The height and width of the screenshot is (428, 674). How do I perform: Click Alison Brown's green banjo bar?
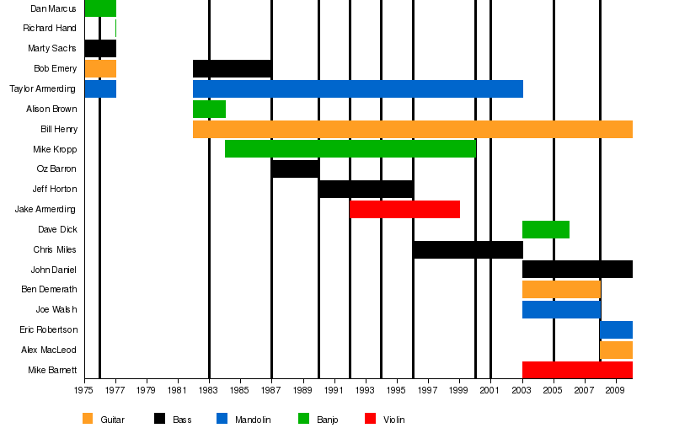pos(209,109)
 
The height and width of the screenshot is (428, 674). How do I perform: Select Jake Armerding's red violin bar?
pos(404,209)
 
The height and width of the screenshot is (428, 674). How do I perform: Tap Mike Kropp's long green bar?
pos(350,149)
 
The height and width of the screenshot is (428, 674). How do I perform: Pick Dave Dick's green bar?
pos(545,229)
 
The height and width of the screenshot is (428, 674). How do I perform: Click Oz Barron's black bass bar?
pos(295,169)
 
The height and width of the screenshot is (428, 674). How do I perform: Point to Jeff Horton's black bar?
pos(366,189)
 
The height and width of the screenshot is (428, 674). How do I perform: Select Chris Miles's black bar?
pos(468,249)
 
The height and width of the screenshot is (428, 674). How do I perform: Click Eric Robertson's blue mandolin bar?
pos(616,329)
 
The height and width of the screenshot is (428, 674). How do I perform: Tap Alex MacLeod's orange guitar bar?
pos(616,350)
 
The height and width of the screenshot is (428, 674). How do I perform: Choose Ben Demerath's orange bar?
pos(561,289)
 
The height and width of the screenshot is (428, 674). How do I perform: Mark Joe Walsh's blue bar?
pos(561,309)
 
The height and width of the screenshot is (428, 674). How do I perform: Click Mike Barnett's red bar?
pos(577,370)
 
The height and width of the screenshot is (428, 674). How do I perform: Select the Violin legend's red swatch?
pos(370,419)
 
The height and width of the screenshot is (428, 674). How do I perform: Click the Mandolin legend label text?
pos(253,420)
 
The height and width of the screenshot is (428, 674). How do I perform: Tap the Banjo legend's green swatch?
pos(304,419)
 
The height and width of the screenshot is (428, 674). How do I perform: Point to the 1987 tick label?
pos(271,391)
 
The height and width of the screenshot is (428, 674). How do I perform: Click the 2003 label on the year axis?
pos(522,391)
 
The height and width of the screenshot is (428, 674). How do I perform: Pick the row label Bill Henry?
pos(59,129)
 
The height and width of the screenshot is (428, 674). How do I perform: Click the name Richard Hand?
pos(50,28)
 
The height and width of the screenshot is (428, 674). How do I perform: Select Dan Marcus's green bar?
pos(100,8)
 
